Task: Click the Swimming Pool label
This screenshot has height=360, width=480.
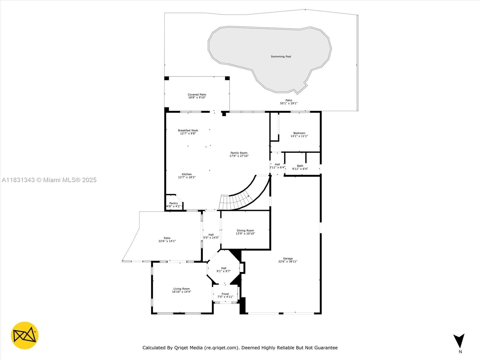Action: click(281, 57)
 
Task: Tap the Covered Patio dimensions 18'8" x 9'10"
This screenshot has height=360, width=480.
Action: click(197, 97)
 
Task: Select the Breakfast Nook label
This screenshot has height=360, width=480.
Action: click(188, 130)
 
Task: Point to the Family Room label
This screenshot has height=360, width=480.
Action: click(239, 153)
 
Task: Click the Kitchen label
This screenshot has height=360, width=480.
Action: click(187, 174)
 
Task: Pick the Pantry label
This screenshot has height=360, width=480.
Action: click(174, 203)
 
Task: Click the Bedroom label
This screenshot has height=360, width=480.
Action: click(299, 133)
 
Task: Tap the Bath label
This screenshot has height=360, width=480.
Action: click(300, 166)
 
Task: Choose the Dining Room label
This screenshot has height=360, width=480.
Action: click(245, 231)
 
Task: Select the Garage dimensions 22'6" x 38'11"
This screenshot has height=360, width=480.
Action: click(288, 261)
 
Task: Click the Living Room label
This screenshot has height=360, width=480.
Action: click(181, 289)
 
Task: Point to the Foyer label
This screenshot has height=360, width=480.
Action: click(225, 294)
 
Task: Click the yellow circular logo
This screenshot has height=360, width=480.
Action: click(25, 335)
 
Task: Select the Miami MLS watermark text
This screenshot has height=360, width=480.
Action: click(49, 180)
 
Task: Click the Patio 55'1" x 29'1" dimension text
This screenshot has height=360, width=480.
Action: click(289, 103)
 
